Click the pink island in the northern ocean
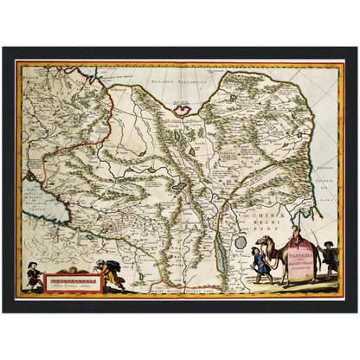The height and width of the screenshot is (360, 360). point(183,108)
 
